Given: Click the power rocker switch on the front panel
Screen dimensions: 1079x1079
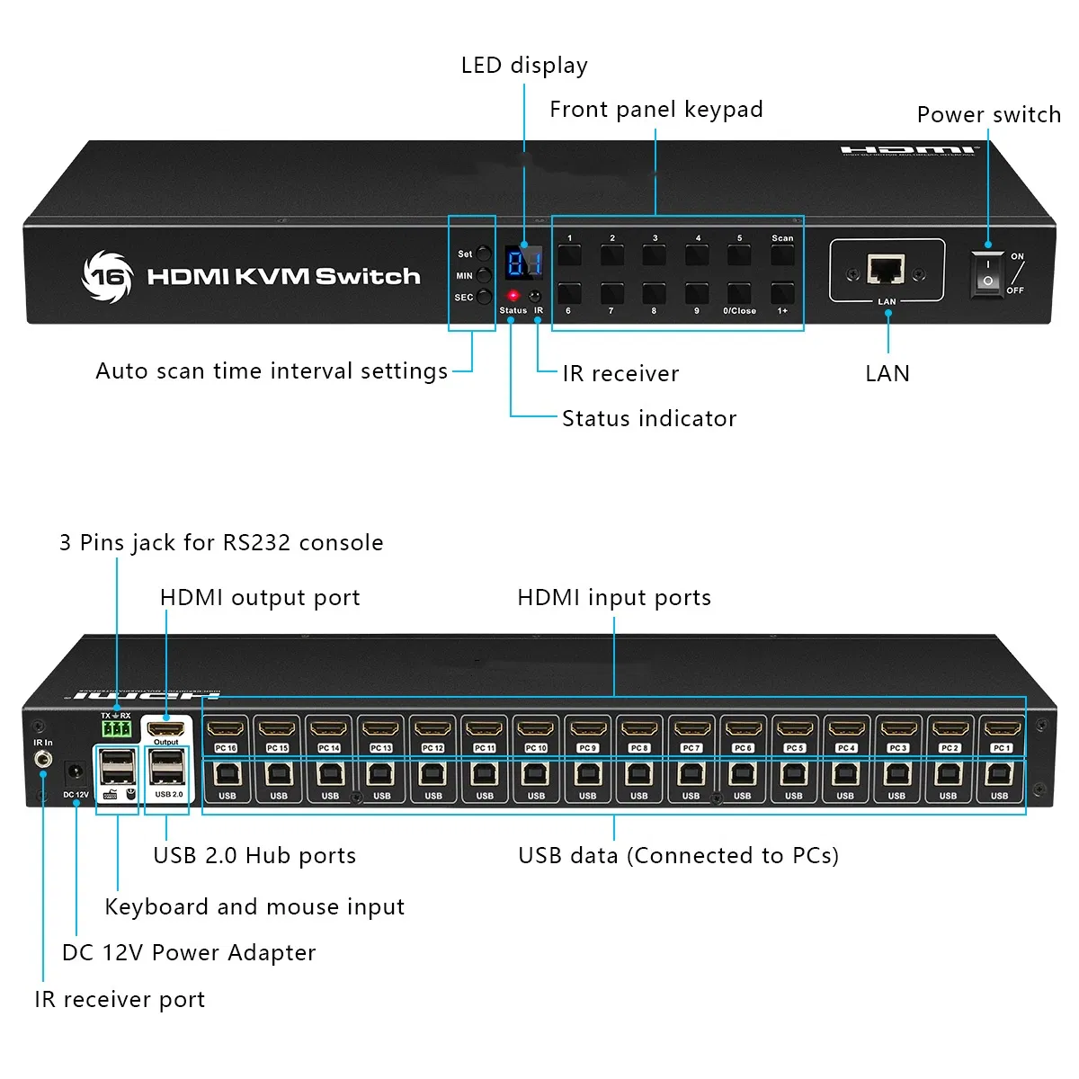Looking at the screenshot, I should pyautogui.click(x=987, y=273).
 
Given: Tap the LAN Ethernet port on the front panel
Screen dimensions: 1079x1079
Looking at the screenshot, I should pyautogui.click(x=886, y=269).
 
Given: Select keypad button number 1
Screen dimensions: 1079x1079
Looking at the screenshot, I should pyautogui.click(x=569, y=254).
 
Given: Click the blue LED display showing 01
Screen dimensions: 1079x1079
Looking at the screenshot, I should pyautogui.click(x=523, y=263).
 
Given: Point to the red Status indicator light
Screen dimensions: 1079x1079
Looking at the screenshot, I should pyautogui.click(x=513, y=295).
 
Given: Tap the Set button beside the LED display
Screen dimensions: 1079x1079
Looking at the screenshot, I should pyautogui.click(x=484, y=254).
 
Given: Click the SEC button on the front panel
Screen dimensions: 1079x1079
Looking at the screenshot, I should pyautogui.click(x=484, y=297).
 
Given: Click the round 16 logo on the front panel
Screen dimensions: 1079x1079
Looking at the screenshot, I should pyautogui.click(x=107, y=275).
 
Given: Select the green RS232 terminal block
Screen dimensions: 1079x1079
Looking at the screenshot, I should pyautogui.click(x=116, y=727).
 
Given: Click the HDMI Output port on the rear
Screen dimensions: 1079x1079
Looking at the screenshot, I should pyautogui.click(x=166, y=728).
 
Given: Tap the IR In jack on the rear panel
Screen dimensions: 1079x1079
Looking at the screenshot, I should pyautogui.click(x=42, y=761).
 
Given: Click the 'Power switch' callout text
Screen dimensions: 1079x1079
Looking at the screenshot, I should pyautogui.click(x=988, y=115).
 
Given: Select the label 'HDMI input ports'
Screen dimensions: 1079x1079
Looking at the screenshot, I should pyautogui.click(x=614, y=598).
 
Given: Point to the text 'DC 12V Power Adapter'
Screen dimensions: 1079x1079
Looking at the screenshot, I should pyautogui.click(x=189, y=953).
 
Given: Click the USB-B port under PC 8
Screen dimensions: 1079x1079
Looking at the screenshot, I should pyautogui.click(x=639, y=774).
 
